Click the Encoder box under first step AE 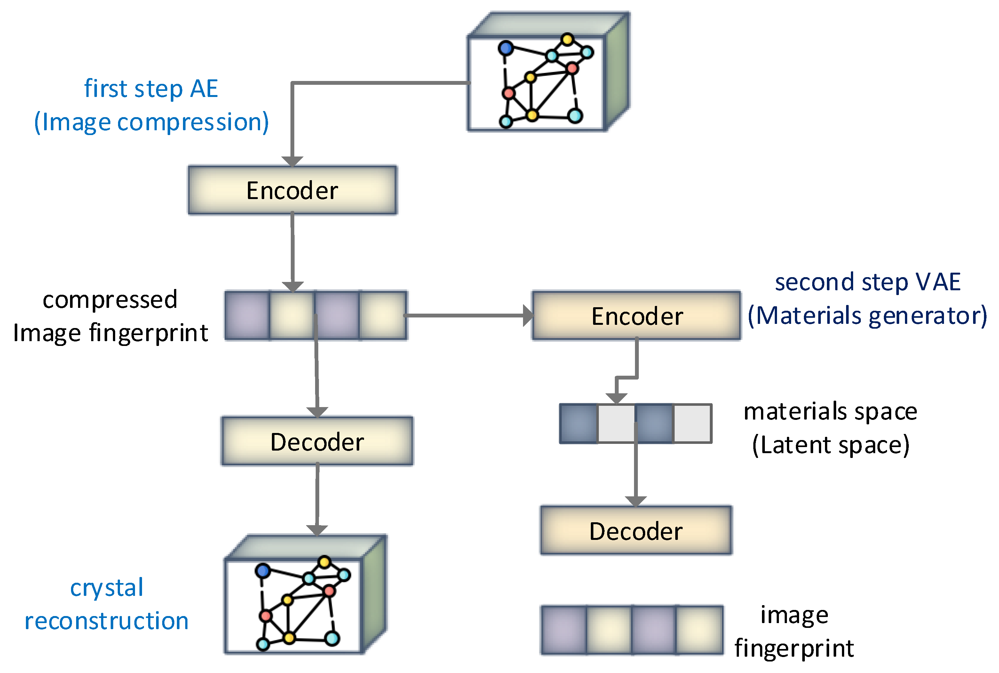pos(293,190)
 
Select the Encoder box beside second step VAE pos(637,316)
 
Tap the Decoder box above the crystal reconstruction pos(317,441)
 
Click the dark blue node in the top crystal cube pos(506,48)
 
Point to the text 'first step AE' pos(151,89)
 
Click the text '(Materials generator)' pos(867,316)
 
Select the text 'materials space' pos(830,411)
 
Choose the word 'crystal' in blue pos(107,588)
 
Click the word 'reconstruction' pos(107,621)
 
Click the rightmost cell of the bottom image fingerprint pos(700,630)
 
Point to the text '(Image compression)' pos(151,122)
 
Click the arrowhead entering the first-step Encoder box pos(292,161)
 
